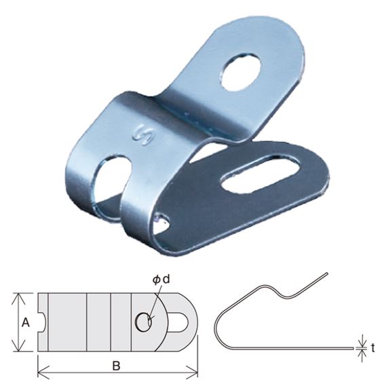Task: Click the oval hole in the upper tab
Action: point(240,73)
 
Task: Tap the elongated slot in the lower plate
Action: point(261,174)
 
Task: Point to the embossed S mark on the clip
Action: point(142,135)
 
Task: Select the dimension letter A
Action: point(26,323)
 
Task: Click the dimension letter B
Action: point(117,365)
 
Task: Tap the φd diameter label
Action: point(161,280)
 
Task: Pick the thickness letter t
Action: point(373,348)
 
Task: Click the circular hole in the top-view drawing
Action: point(143,322)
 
